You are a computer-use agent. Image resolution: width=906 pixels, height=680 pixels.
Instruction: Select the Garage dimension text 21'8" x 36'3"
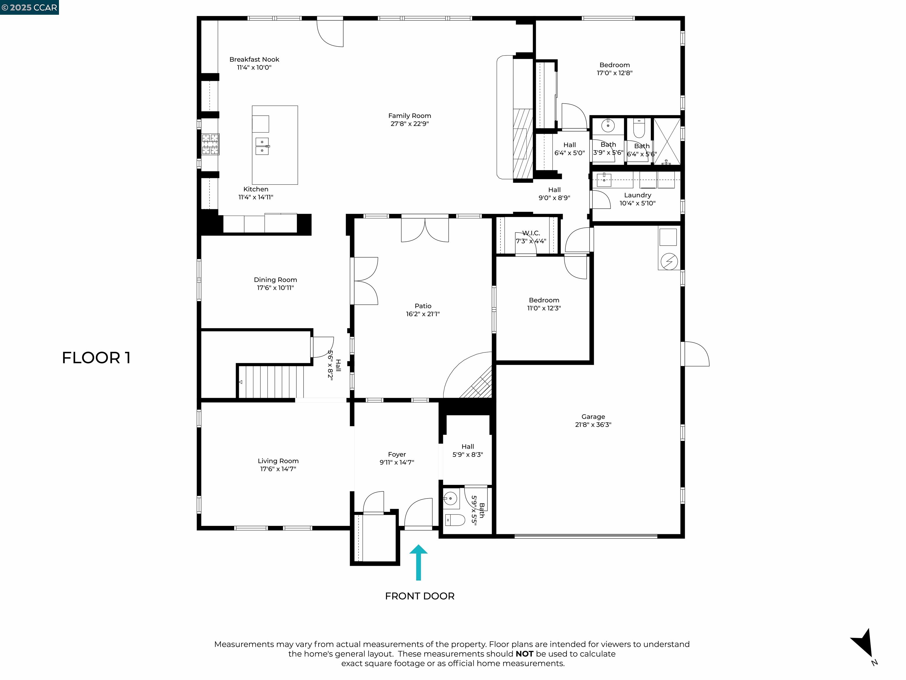pos(593,425)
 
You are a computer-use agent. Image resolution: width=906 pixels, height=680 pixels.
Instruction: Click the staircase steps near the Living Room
pos(270,381)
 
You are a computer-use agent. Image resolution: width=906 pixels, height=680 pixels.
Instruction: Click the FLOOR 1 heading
pos(96,358)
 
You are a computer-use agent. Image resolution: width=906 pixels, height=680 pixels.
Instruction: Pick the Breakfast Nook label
pos(254,59)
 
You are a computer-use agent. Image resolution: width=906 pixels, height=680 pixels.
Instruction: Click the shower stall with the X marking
pos(667,141)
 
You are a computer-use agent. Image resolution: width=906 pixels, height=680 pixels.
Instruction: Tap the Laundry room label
pos(637,195)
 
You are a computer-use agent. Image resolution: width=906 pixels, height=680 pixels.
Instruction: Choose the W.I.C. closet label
pos(531,233)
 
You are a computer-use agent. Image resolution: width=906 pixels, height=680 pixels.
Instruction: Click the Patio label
pos(423,306)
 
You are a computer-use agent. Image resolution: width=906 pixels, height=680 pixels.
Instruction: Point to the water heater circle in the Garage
pos(669,261)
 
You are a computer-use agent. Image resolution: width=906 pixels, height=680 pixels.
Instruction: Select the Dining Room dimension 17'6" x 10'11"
pos(275,288)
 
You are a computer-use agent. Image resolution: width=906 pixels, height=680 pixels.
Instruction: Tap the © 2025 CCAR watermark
pos(29,7)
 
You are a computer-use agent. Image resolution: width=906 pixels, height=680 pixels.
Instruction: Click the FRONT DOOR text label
pos(419,596)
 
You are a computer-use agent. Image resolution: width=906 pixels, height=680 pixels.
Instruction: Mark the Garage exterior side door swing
pos(696,354)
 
